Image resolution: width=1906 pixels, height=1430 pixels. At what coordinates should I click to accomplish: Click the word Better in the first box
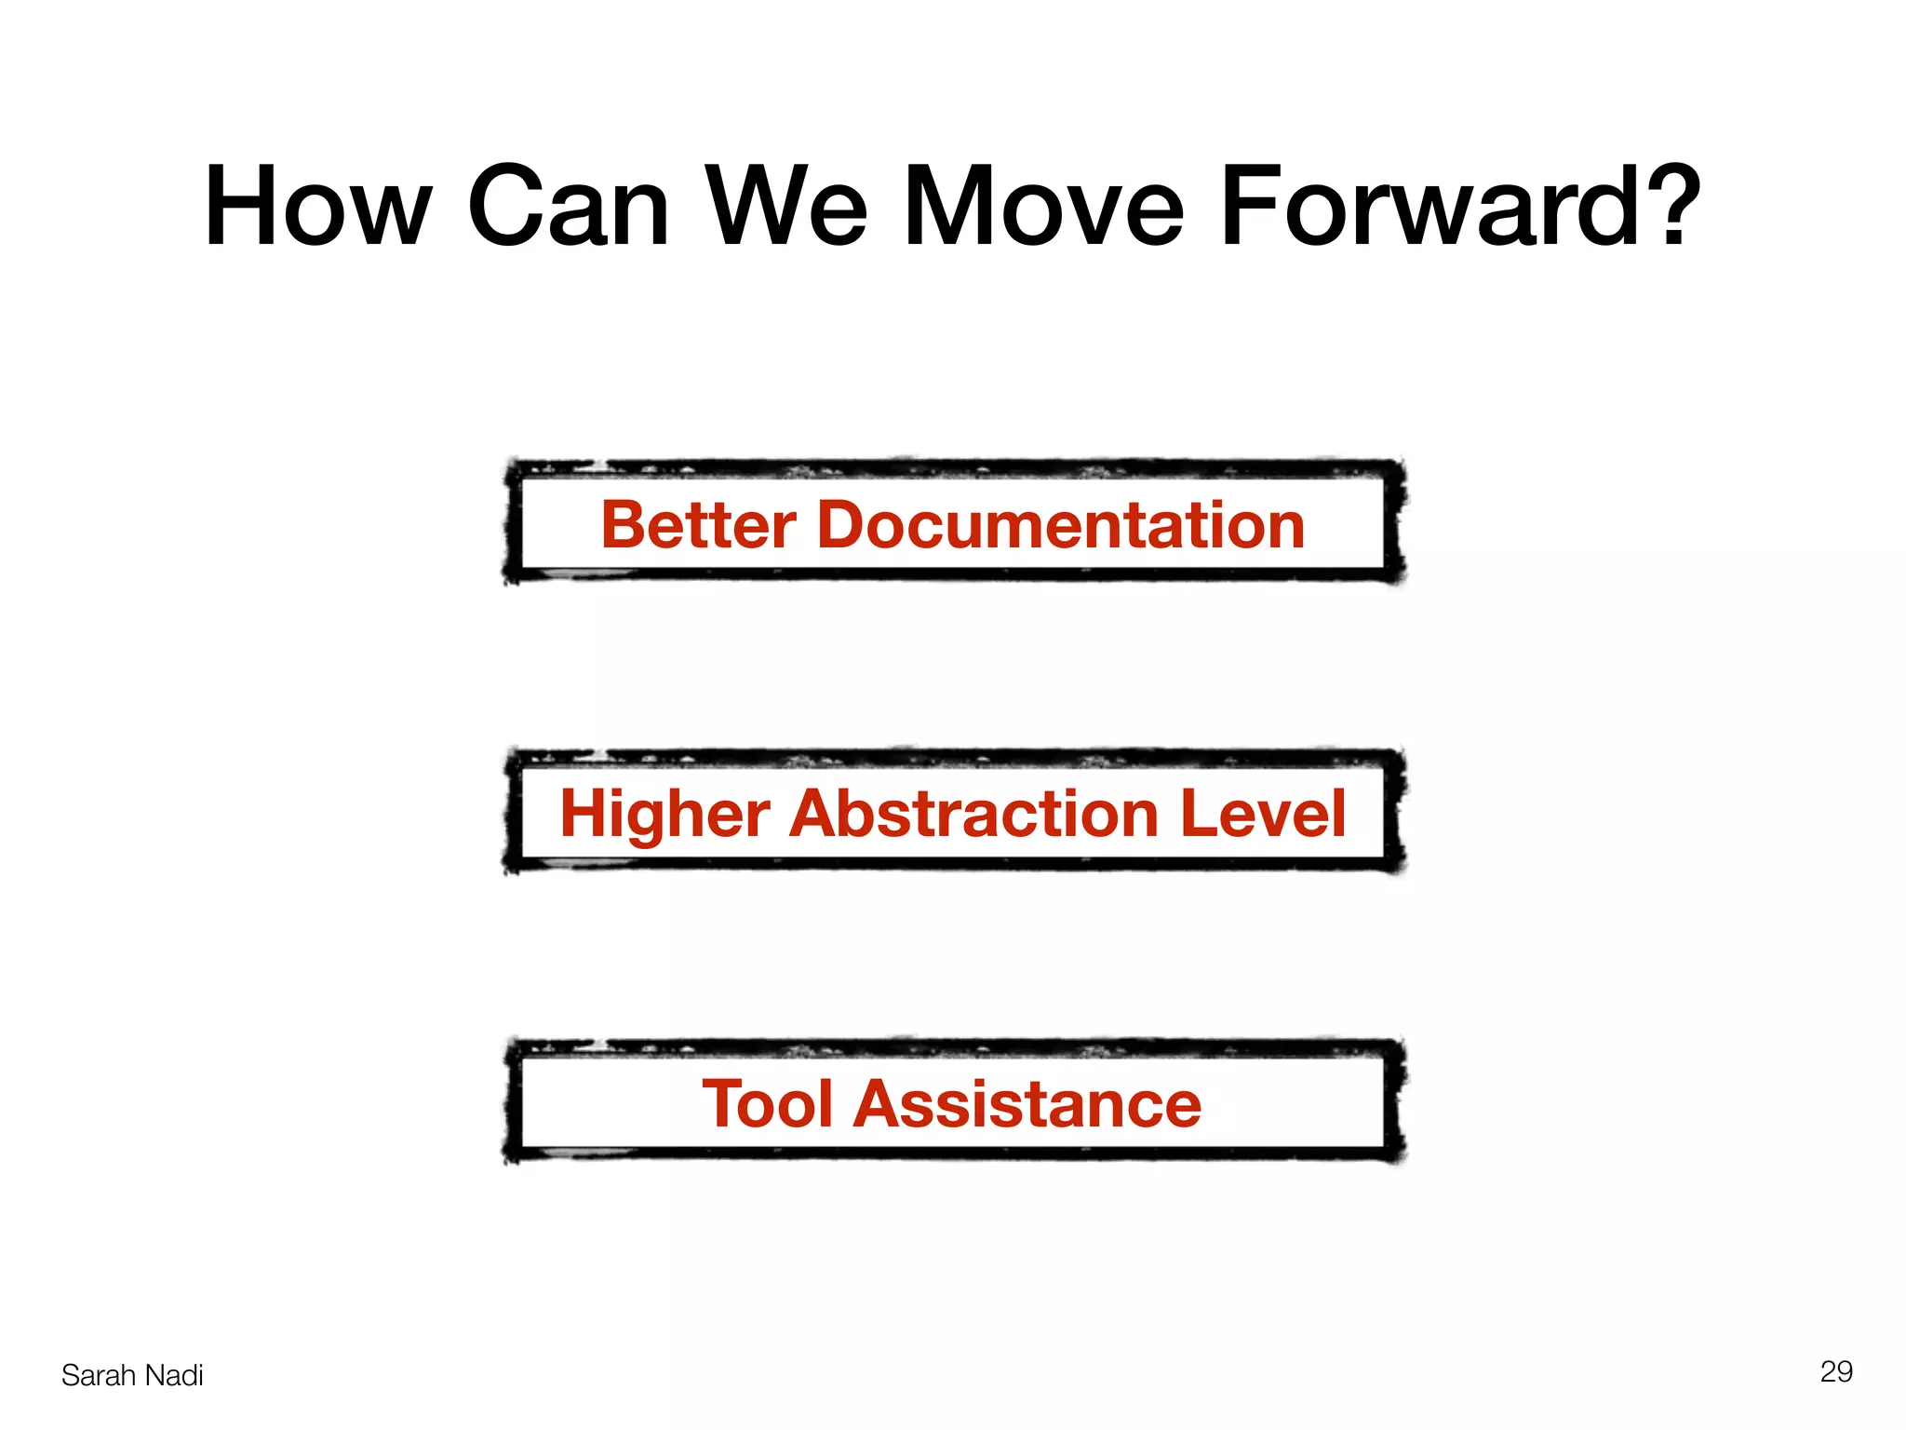click(699, 525)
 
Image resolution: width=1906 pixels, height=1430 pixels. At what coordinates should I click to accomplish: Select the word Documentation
click(1061, 525)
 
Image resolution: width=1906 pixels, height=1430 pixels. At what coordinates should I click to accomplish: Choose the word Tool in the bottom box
click(767, 1104)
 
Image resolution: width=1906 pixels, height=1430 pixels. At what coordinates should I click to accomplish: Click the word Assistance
click(1027, 1104)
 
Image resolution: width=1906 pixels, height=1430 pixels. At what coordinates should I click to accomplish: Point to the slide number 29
click(1836, 1371)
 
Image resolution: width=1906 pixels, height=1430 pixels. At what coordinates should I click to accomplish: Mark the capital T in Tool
click(723, 1104)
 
